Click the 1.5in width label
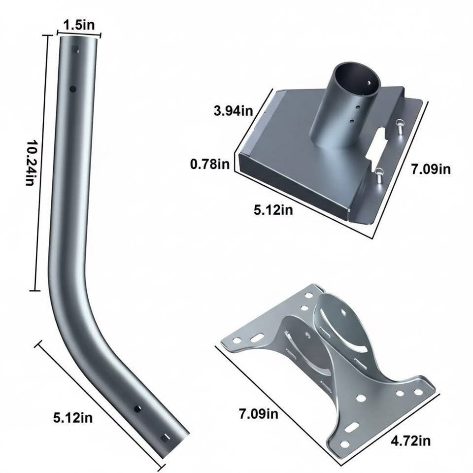[79, 25]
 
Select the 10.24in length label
[31, 163]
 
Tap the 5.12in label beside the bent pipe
[73, 418]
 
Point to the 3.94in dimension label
[233, 111]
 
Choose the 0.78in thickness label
[210, 165]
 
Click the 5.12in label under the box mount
[273, 210]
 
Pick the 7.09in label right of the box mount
[431, 169]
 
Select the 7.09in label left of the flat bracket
[259, 414]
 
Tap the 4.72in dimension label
[410, 441]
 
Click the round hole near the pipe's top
[73, 89]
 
